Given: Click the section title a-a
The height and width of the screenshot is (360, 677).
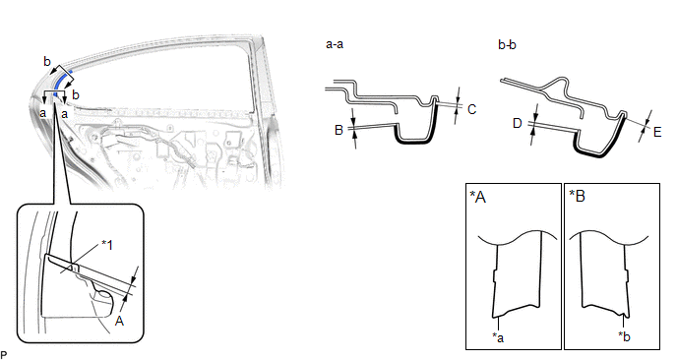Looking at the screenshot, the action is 335,44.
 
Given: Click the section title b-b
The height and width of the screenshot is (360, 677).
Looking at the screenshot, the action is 507,44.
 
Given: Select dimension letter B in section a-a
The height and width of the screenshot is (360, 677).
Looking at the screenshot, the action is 338,129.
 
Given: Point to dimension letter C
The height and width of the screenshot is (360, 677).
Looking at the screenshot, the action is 472,109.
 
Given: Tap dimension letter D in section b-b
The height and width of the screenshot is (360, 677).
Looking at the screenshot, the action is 518,124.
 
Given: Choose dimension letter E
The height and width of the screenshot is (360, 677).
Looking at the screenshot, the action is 657,132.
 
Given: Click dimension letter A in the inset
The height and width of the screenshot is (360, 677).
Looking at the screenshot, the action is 120,321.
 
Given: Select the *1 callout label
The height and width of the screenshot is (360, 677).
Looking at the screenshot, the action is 106,245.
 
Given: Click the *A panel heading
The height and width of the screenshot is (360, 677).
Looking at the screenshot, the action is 477,197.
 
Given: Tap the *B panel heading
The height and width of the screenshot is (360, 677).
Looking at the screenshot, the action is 577,196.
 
